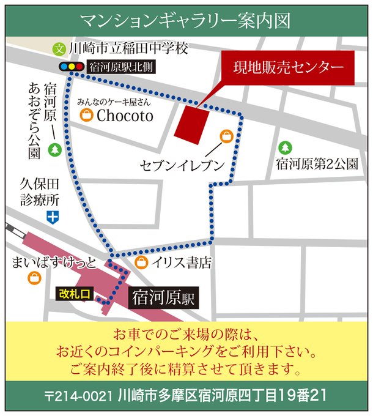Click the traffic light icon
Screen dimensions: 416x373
click(70, 66)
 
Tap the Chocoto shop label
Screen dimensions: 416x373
click(125, 116)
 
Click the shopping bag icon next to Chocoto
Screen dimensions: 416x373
click(87, 116)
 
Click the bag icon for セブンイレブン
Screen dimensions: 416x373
click(227, 136)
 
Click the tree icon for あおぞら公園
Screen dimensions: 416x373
click(54, 149)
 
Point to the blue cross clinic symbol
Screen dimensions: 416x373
click(54, 216)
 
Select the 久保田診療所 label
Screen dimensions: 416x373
click(39, 191)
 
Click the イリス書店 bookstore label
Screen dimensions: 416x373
click(182, 263)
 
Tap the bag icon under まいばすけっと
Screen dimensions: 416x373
click(34, 279)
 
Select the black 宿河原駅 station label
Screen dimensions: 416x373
click(163, 299)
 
